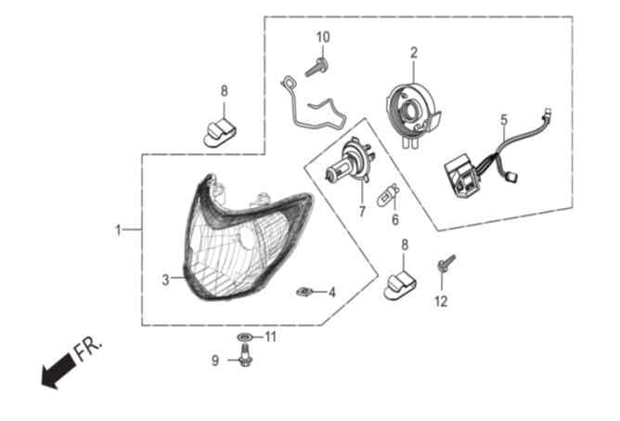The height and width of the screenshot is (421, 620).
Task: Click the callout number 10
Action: (x=323, y=37)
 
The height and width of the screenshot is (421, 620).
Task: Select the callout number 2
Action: (x=414, y=53)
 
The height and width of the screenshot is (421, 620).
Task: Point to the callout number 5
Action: (x=504, y=120)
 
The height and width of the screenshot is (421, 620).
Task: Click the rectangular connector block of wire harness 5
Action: (x=459, y=178)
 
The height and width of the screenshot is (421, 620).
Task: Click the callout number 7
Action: (x=362, y=212)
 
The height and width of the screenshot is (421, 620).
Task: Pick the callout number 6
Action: (x=395, y=219)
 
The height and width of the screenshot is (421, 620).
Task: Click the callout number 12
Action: (x=441, y=301)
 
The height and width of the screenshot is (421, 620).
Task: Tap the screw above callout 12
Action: (x=446, y=263)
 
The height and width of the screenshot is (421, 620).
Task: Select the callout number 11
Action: (x=270, y=337)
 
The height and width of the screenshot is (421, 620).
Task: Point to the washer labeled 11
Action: (x=245, y=337)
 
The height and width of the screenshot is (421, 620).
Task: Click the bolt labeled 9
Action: (x=245, y=355)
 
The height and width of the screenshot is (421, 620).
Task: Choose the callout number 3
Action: (x=166, y=280)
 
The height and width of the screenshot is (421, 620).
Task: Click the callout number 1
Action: (x=118, y=230)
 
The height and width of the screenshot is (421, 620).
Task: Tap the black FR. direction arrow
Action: (x=58, y=370)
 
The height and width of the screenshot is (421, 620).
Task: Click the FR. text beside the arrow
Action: (x=88, y=348)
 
